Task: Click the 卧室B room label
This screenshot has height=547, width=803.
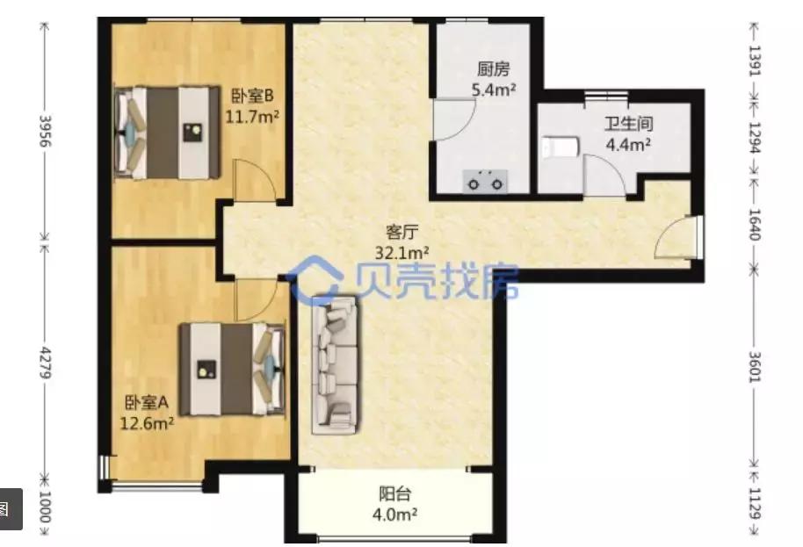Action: [253, 96]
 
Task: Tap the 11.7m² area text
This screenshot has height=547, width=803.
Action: [252, 117]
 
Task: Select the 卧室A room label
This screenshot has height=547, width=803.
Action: [147, 403]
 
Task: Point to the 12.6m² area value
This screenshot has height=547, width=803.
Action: [147, 423]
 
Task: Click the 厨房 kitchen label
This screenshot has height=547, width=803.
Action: [493, 69]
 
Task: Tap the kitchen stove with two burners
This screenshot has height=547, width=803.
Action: [485, 182]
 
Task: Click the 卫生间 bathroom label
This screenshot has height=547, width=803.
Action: [629, 124]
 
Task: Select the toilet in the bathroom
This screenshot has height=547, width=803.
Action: [561, 147]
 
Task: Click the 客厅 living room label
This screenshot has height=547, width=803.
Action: [402, 233]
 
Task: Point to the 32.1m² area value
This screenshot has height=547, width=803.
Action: [402, 253]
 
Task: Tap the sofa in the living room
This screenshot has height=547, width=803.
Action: [336, 365]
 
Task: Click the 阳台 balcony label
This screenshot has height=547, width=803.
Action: [394, 493]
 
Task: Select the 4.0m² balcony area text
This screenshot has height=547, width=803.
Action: [394, 514]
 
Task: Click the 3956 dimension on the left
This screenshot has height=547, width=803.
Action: [46, 131]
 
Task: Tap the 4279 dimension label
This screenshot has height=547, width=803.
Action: [46, 363]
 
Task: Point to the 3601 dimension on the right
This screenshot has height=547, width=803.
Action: [755, 367]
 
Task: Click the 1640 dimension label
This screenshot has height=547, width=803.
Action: [755, 225]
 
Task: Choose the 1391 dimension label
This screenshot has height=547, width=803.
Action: [755, 61]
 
